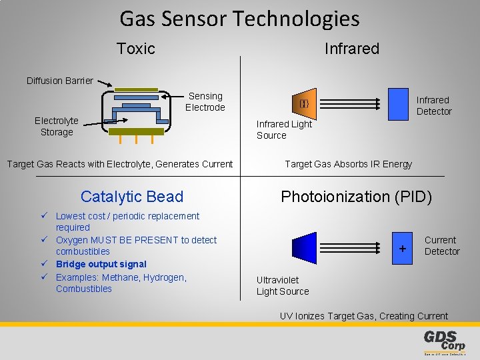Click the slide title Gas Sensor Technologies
point(239,19)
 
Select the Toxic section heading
point(135,49)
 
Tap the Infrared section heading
point(351,49)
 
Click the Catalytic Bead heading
point(131,197)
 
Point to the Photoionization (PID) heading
point(356,197)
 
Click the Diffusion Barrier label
point(60,81)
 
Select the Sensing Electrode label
point(205,102)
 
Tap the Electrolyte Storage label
point(57,127)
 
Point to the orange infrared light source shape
point(304,104)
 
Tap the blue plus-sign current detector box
point(402,248)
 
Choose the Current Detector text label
point(441,245)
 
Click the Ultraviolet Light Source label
point(283,286)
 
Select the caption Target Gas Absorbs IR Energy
point(348,164)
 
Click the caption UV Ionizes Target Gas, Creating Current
point(364,316)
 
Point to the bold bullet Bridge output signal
point(101,264)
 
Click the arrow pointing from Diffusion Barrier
point(104,84)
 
